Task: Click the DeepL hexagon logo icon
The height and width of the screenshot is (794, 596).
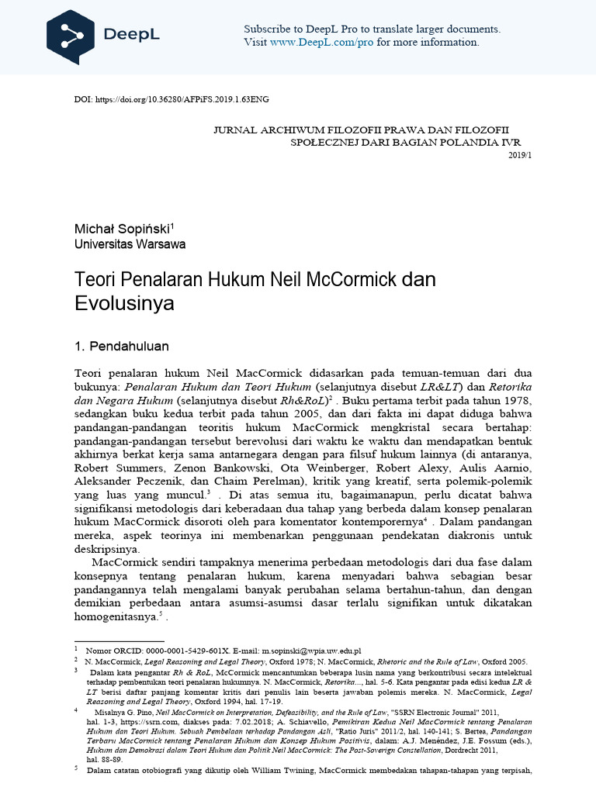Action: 71,37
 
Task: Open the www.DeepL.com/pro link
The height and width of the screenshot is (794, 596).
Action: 321,42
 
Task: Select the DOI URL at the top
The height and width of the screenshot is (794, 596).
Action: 182,100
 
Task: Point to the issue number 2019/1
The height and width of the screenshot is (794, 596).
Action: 520,155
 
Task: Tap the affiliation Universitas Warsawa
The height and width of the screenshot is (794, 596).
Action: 130,244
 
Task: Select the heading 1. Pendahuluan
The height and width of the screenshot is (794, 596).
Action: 121,345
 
